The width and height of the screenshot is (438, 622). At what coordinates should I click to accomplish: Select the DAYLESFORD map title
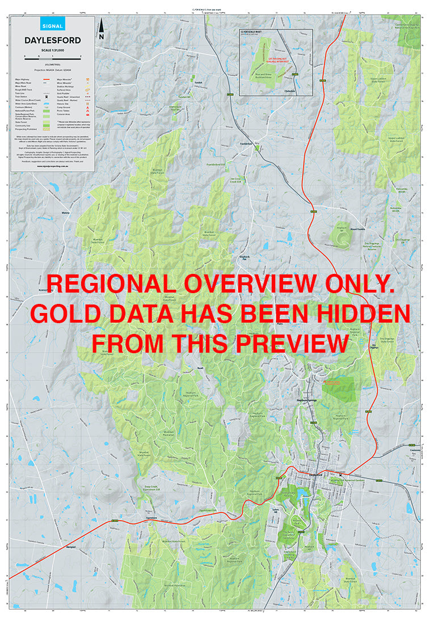pos(52,40)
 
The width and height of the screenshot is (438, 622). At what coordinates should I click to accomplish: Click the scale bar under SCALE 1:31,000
pos(52,57)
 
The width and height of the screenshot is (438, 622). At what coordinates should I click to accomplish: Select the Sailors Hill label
pos(276,511)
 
